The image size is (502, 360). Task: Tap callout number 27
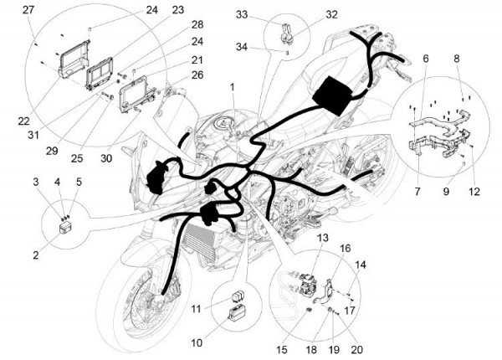tap(28, 10)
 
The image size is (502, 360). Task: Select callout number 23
tap(177, 10)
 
